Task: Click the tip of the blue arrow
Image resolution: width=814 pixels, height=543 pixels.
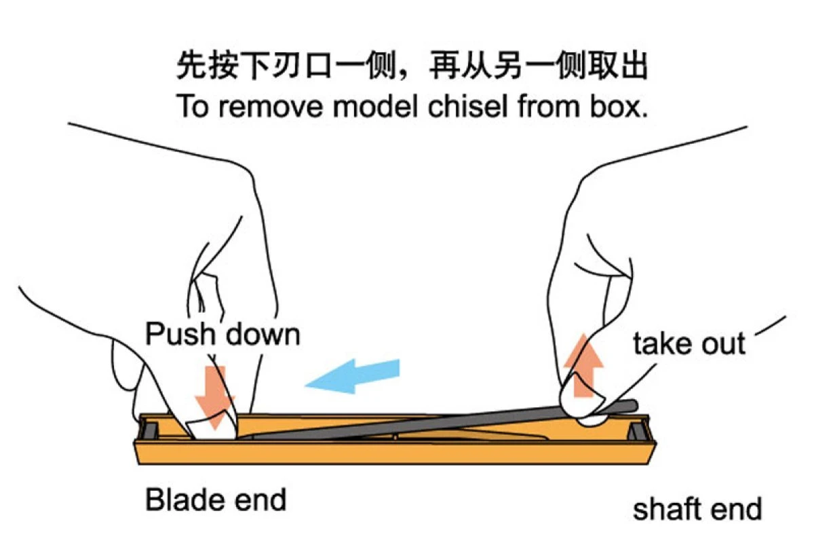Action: pos(305,385)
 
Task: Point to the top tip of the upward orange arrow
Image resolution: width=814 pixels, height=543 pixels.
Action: pos(583,333)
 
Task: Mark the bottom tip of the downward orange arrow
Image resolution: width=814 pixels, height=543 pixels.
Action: pos(215,429)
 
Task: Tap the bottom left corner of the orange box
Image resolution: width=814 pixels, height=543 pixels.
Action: pos(139,464)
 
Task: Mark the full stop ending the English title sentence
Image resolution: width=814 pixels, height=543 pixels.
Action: pos(644,115)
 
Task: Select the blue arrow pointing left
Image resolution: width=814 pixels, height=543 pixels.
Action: pos(352,377)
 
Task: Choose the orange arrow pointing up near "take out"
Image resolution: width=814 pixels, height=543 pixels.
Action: pos(583,365)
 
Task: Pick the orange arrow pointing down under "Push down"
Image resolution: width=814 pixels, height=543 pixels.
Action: pos(216,398)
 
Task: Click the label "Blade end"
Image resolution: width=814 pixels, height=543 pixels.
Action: pos(216,500)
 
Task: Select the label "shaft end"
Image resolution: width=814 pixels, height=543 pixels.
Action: pos(697,508)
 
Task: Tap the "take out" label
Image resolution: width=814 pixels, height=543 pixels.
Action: pos(689,343)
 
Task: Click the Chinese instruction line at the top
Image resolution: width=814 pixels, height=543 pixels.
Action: pos(412,65)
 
